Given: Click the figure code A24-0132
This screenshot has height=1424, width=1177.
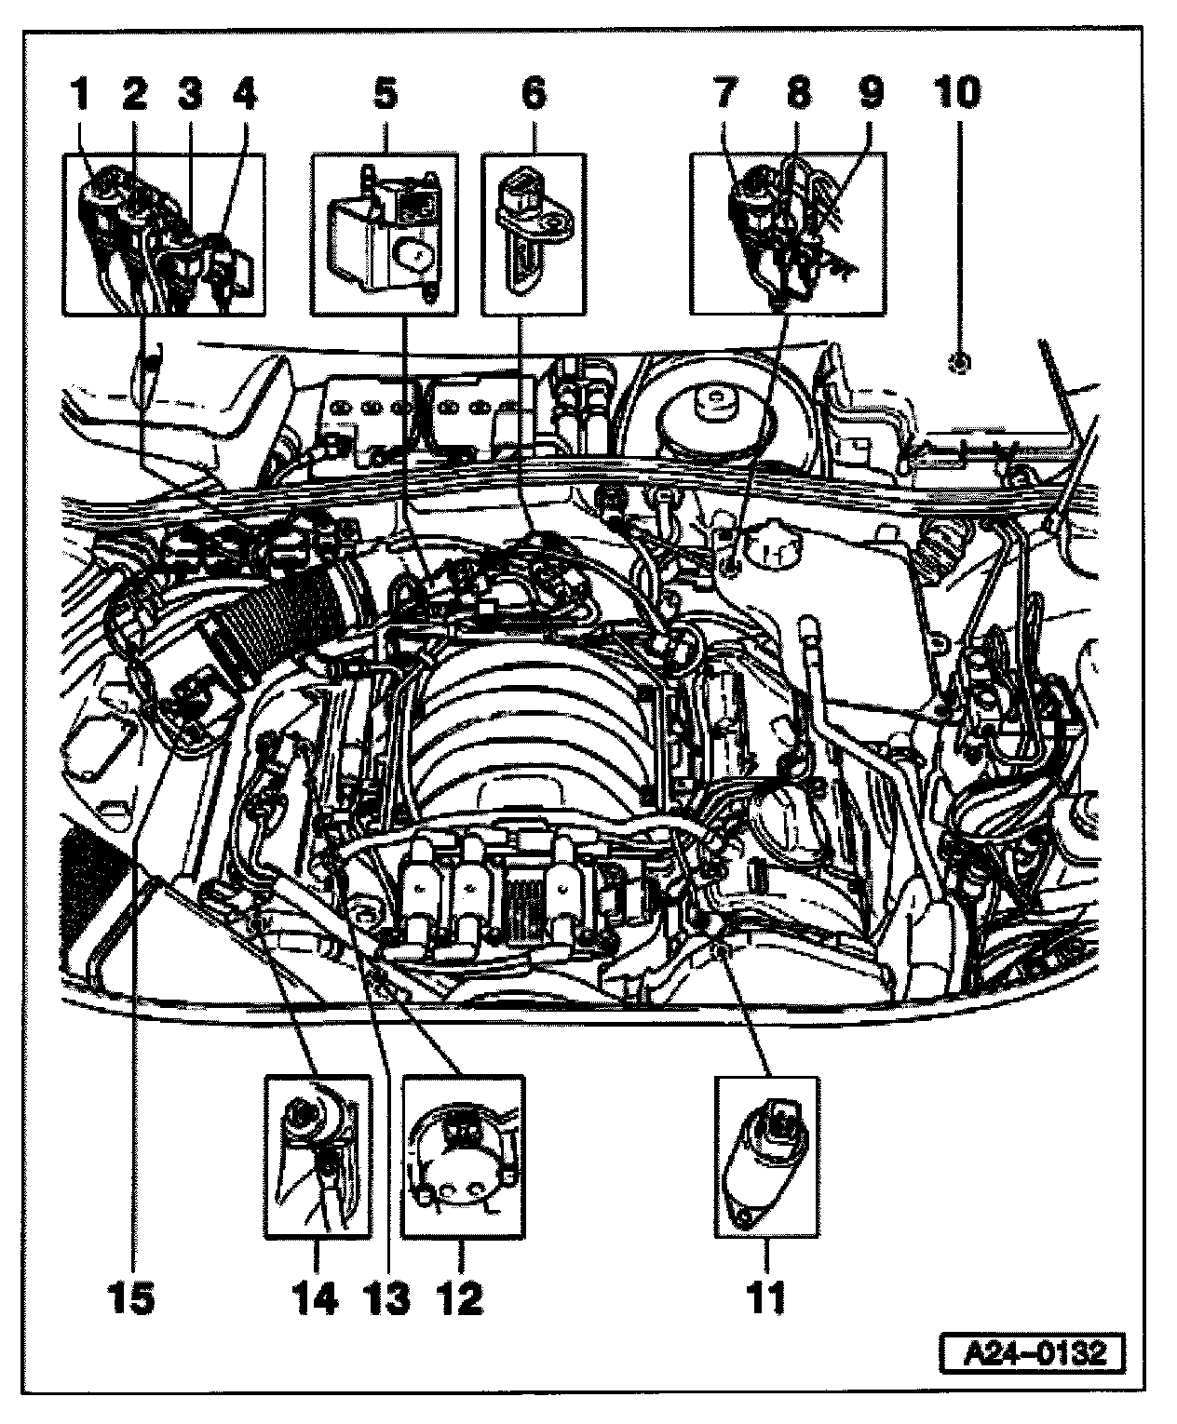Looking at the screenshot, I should pyautogui.click(x=1031, y=1351).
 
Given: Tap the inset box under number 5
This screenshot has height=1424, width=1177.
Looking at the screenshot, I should pyautogui.click(x=385, y=235).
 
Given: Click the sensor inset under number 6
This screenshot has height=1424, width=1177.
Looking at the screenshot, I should pyautogui.click(x=534, y=235).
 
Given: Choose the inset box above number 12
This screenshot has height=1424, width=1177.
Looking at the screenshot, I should pyautogui.click(x=462, y=1157).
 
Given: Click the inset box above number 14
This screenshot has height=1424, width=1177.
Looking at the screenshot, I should pyautogui.click(x=318, y=1157).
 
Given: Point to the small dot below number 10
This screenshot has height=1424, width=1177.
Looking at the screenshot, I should pyautogui.click(x=958, y=361).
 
